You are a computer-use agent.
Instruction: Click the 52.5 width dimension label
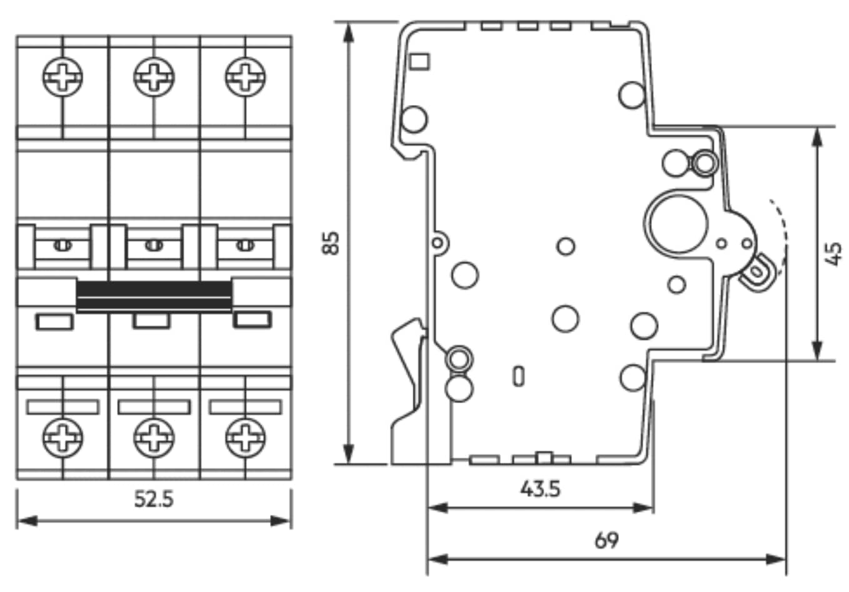[154, 499]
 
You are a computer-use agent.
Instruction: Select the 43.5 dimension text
[540, 488]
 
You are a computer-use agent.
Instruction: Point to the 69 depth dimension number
[606, 539]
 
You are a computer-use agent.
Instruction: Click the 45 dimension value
[833, 254]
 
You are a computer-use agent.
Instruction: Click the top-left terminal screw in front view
[62, 77]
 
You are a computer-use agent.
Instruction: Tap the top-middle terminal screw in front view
[154, 77]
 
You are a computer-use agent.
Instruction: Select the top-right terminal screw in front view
[245, 77]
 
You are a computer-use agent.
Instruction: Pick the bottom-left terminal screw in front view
[62, 436]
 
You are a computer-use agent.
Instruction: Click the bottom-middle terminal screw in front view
[154, 436]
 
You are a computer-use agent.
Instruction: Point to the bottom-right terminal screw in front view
[245, 436]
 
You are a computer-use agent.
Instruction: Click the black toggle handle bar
[154, 295]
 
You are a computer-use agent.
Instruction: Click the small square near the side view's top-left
[419, 61]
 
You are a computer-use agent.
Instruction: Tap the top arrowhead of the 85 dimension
[349, 31]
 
